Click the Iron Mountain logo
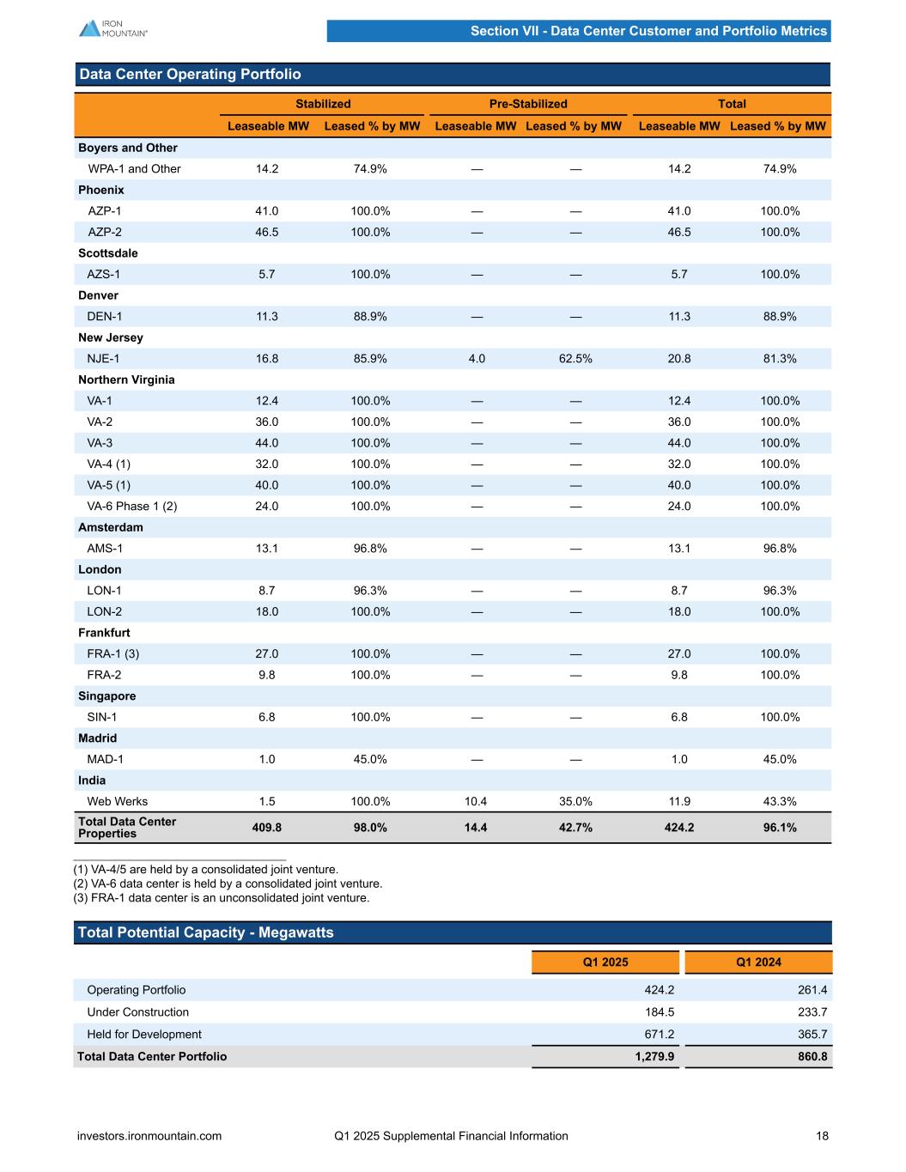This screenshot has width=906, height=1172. [x=112, y=28]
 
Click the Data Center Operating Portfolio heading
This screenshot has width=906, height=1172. [x=190, y=75]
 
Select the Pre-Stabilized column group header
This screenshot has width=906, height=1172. [x=528, y=104]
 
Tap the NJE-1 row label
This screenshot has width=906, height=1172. [x=104, y=359]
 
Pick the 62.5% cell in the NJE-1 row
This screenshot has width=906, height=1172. [x=575, y=359]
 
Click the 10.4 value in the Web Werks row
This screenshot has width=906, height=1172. [x=476, y=801]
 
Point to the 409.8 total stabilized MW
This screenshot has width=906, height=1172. [x=267, y=828]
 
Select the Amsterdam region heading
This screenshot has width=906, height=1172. [x=111, y=527]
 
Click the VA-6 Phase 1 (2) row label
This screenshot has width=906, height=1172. [x=131, y=507]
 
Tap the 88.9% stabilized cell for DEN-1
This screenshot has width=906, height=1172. [x=370, y=317]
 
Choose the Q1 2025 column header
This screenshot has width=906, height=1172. [x=605, y=962]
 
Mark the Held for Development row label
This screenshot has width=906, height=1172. [x=144, y=1035]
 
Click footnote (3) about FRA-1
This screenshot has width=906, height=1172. [x=222, y=898]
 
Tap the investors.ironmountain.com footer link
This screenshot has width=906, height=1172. [x=149, y=1136]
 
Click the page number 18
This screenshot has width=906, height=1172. [x=822, y=1136]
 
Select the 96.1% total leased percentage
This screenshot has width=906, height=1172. [x=780, y=828]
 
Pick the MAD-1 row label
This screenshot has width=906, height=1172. [x=106, y=759]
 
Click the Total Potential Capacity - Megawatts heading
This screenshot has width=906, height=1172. [x=205, y=932]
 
